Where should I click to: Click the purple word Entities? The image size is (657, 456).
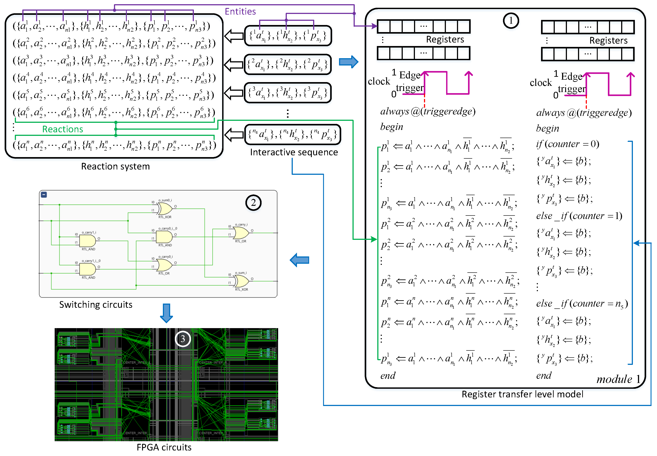click(240, 12)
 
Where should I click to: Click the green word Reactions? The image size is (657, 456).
click(63, 129)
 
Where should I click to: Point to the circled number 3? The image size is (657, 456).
click(183, 339)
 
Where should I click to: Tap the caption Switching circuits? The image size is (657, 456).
click(96, 305)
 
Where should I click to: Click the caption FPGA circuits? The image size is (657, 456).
click(164, 447)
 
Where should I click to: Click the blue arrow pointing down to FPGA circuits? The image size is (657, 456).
click(166, 313)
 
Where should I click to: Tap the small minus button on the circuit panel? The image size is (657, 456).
click(44, 194)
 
